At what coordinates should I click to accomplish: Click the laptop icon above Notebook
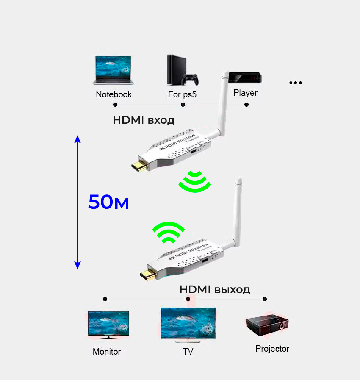click(x=112, y=70)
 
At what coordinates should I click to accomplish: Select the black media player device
click(x=245, y=77)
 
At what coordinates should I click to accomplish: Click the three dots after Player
click(x=295, y=83)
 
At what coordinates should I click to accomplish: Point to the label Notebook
click(x=114, y=94)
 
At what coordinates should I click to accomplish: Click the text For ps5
click(x=182, y=94)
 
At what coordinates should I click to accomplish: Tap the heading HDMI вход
click(x=144, y=120)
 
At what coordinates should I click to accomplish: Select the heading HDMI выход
click(x=215, y=290)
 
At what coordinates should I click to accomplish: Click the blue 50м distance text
click(x=108, y=202)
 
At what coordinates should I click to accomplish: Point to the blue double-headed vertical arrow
click(x=78, y=202)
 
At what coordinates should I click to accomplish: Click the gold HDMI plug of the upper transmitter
click(x=138, y=166)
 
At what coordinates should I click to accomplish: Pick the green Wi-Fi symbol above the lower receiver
click(x=169, y=232)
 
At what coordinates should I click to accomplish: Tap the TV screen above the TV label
click(x=188, y=324)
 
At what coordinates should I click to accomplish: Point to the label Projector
click(x=272, y=349)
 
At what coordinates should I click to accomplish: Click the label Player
click(x=245, y=93)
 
